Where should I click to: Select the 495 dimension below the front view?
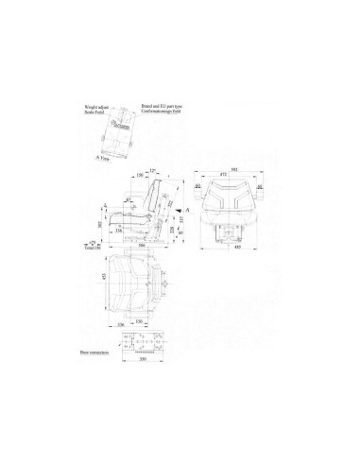click(232, 262)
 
